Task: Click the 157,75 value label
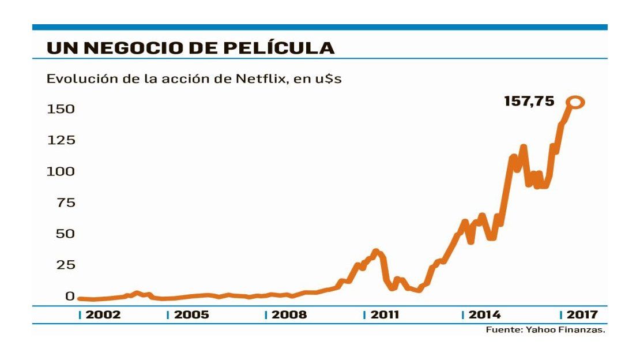529,102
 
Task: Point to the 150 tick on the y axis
62,108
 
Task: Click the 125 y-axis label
62,140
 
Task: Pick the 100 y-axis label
62,171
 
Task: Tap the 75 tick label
66,202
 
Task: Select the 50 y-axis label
66,234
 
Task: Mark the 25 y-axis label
66,265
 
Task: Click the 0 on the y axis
70,296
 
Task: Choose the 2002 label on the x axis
103,315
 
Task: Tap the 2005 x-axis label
191,315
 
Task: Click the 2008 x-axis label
289,315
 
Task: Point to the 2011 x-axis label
385,315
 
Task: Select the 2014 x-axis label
484,315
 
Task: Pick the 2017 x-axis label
582,315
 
